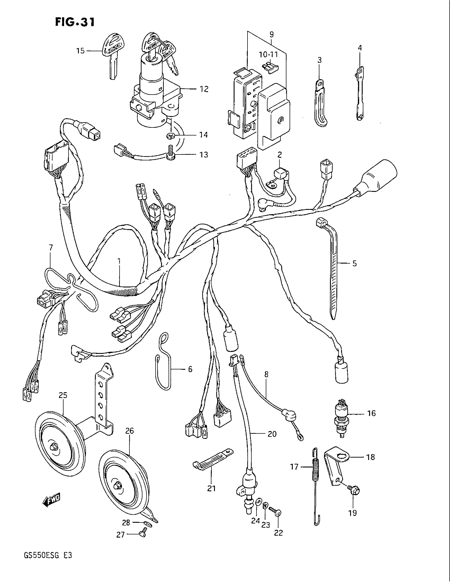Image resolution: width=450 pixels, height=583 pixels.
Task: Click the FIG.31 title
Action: [x=75, y=22]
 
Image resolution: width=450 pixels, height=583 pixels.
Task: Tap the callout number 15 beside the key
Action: [x=80, y=50]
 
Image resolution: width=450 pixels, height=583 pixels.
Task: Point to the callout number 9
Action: [x=271, y=35]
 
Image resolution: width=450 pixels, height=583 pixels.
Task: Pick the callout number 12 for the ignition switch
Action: [x=204, y=89]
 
